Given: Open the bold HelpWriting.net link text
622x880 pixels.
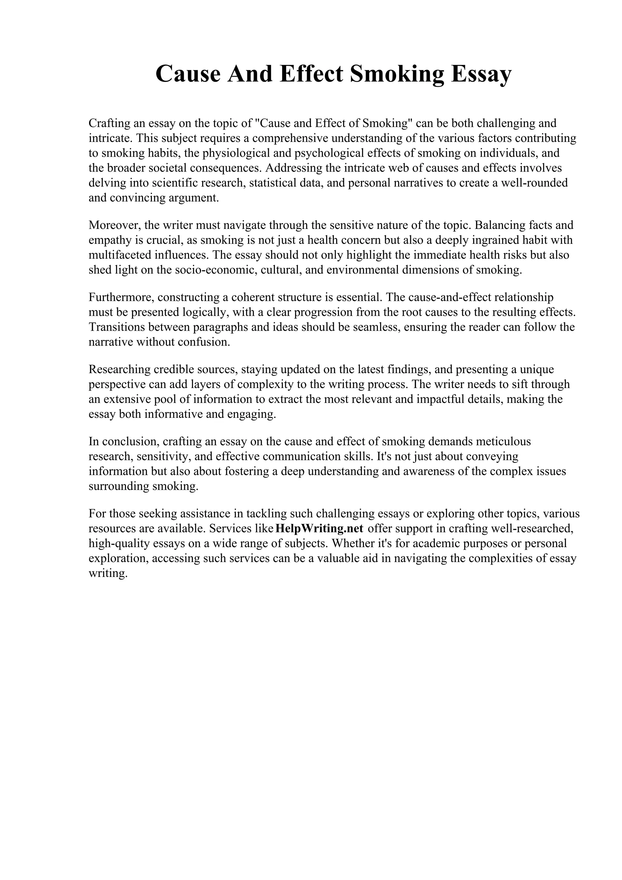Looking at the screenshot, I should coord(319,529).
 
